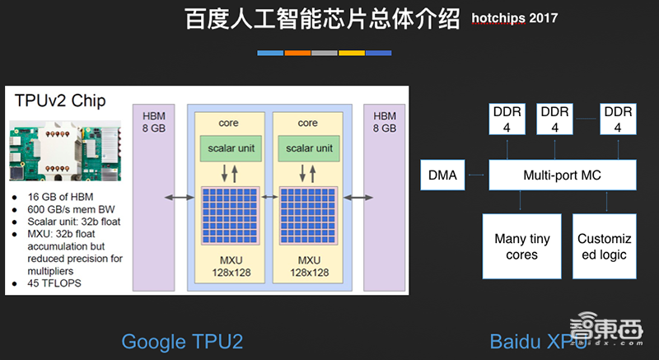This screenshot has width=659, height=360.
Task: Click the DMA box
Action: point(442,175)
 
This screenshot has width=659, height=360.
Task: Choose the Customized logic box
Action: point(603,246)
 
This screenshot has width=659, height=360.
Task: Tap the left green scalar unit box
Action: point(228,148)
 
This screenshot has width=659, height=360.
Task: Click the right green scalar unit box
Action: point(308,148)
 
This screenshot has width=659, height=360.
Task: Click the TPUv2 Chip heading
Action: point(59,101)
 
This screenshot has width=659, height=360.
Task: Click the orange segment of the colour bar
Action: point(297,53)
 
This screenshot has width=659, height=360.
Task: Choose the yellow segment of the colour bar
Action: point(352,53)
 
